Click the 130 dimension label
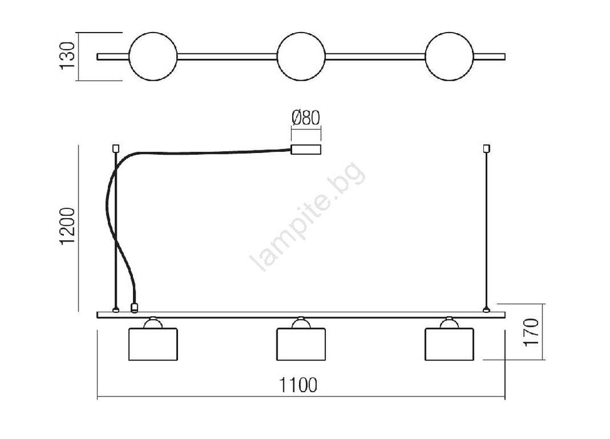click(x=67, y=55)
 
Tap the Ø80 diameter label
click(x=306, y=117)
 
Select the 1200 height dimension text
click(x=67, y=226)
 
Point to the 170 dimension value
click(x=531, y=332)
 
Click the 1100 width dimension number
click(x=298, y=385)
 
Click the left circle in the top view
click(x=153, y=56)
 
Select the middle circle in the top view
click(x=301, y=56)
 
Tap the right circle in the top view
click(x=450, y=56)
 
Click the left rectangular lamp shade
click(x=153, y=344)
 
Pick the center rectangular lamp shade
click(x=301, y=344)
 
